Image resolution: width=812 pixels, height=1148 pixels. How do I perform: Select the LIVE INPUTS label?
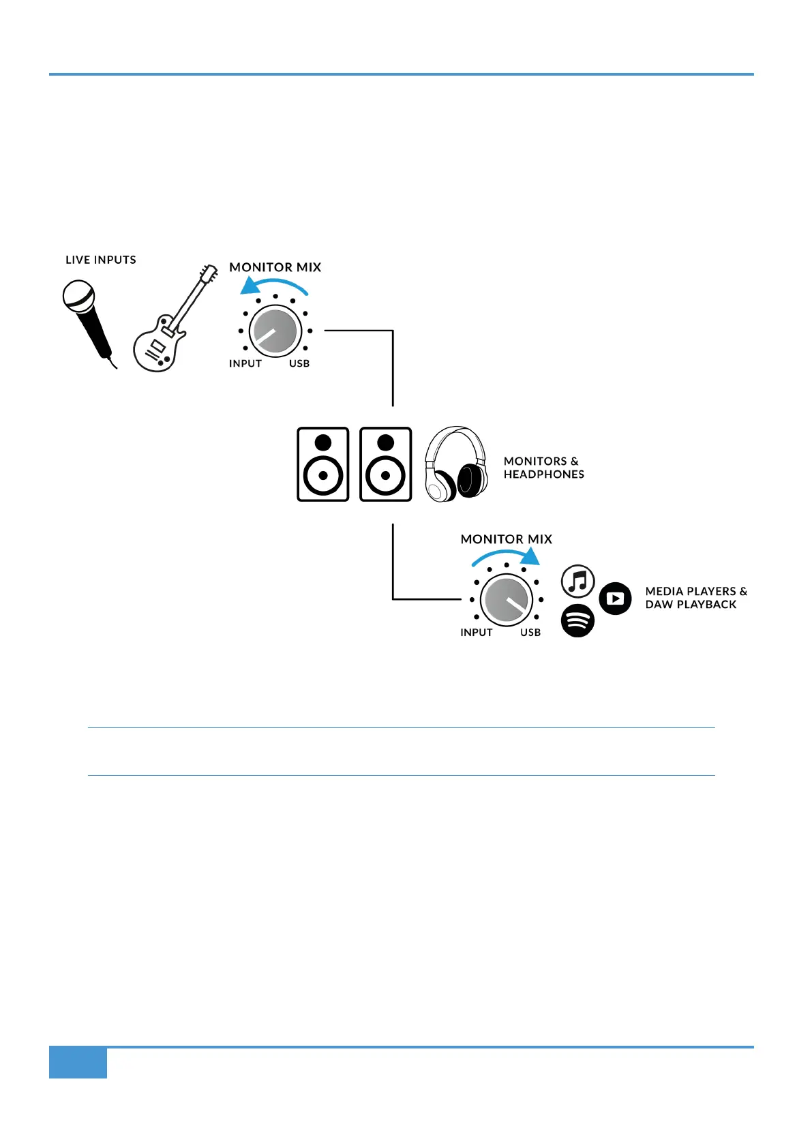[101, 260]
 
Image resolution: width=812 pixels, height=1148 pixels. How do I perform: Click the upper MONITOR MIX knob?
[275, 331]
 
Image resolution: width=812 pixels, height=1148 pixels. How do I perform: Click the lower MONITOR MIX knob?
[507, 600]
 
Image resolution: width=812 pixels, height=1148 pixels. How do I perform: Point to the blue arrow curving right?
[507, 555]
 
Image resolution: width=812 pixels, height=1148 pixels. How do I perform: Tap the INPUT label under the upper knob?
[245, 364]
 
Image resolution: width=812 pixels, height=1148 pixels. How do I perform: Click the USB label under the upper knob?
[299, 364]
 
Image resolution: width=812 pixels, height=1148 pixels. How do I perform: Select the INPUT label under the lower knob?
[477, 633]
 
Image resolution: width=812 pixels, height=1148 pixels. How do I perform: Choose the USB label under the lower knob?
[530, 633]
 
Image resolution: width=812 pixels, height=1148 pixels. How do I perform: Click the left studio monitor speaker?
[323, 464]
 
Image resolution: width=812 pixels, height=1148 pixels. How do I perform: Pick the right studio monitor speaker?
[386, 464]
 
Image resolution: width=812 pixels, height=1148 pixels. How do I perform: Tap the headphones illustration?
[455, 464]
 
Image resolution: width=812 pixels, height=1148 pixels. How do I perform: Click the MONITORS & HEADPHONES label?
[543, 468]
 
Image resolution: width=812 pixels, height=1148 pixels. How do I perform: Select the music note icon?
[578, 581]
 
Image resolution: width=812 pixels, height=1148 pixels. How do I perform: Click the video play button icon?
[616, 599]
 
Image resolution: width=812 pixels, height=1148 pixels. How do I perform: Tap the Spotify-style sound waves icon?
[577, 620]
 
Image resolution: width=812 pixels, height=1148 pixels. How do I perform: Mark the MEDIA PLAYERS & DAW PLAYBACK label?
[695, 598]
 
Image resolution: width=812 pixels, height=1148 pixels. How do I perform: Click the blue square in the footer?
[78, 1063]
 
